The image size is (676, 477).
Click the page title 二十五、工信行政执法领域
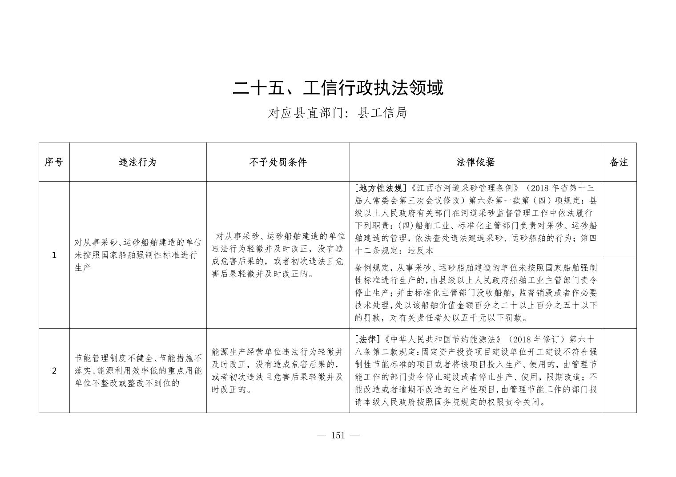click(x=338, y=88)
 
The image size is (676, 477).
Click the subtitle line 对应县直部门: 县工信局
click(x=338, y=113)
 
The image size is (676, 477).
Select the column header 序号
click(x=54, y=162)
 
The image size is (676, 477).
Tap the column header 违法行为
click(x=138, y=162)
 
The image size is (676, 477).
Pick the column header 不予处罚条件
click(x=278, y=162)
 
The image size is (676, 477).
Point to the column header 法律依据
click(x=475, y=162)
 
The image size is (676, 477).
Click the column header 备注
click(x=619, y=162)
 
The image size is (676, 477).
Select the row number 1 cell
click(x=54, y=255)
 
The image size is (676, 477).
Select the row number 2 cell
click(x=54, y=371)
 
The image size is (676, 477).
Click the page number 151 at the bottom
click(x=338, y=435)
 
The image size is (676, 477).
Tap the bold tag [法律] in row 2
click(x=367, y=340)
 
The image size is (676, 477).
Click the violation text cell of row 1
click(x=138, y=255)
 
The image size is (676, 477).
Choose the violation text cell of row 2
click(x=138, y=370)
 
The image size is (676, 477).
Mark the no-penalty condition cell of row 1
click(x=278, y=255)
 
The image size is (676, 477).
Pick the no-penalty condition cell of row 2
click(x=278, y=371)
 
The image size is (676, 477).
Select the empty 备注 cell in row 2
click(x=619, y=371)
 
